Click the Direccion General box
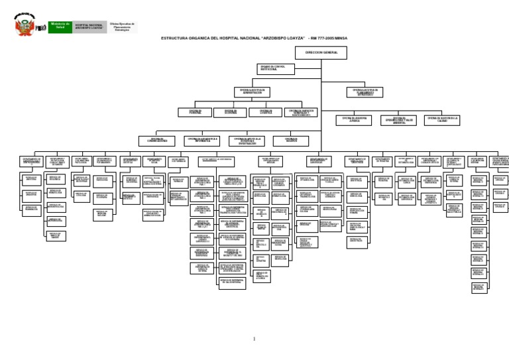pos(321,52)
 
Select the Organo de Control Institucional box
pos(275,69)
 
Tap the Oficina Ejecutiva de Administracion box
pos(252,92)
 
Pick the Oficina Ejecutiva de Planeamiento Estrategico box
pos(365,92)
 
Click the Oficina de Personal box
pos(195,113)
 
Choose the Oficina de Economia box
pos(230,113)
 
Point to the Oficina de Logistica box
pos(265,113)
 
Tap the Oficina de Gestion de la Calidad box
pos(442,121)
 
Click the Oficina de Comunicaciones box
pos(157,141)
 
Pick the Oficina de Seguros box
pos(291,141)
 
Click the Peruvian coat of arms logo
pos(25,25)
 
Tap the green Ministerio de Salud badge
pos(60,27)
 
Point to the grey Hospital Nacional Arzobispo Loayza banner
pos(89,27)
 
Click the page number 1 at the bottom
pos(254,339)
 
